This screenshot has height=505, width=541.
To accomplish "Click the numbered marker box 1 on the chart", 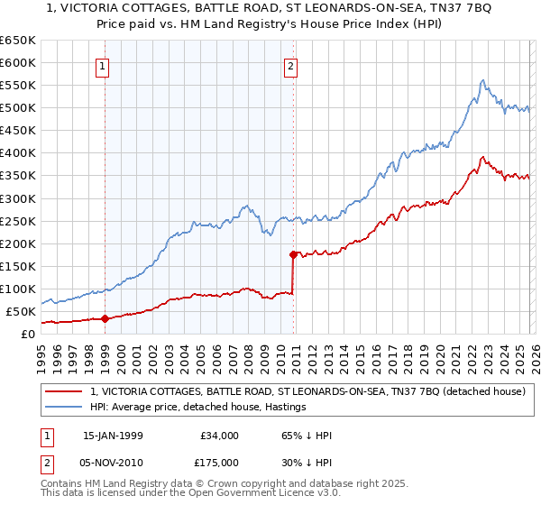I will pyautogui.click(x=104, y=65).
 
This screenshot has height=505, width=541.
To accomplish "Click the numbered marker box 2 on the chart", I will pyautogui.click(x=291, y=65).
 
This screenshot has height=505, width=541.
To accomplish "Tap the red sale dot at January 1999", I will pyautogui.click(x=105, y=318).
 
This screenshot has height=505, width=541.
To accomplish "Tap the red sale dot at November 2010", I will pyautogui.click(x=293, y=254).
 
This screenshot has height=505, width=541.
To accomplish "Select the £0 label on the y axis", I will pyautogui.click(x=28, y=334).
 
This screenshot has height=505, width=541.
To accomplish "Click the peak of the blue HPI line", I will pyautogui.click(x=483, y=80).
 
